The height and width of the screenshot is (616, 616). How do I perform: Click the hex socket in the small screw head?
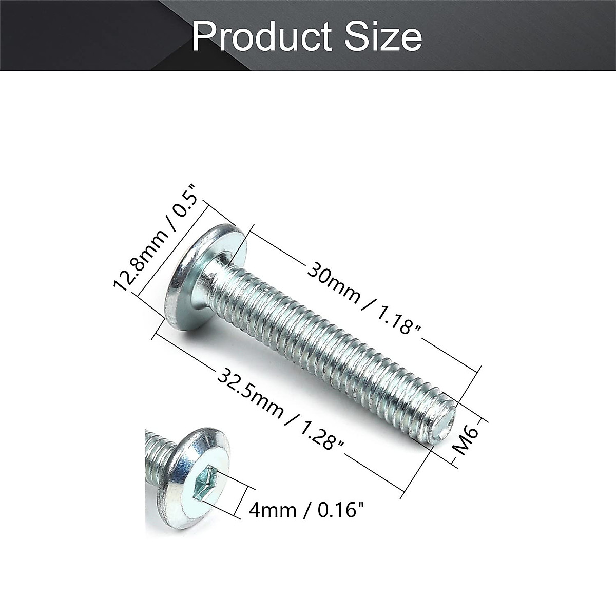point(206,485)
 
